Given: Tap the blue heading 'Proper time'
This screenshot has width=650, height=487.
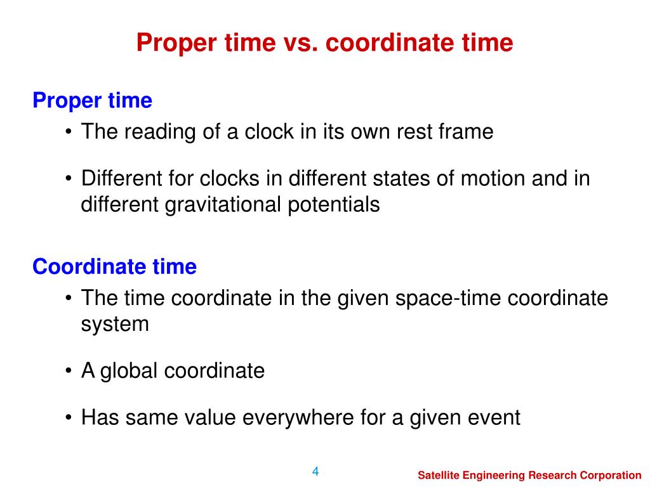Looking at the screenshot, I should tap(92, 100).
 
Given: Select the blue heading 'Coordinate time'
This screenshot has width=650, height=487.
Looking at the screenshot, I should tap(114, 267).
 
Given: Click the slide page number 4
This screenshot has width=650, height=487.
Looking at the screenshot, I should tap(315, 471).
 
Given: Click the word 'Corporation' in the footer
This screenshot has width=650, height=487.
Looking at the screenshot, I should tap(611, 475).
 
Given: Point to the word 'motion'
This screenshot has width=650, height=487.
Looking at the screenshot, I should tap(494, 179).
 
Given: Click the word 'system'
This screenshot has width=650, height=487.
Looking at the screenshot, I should tap(115, 325).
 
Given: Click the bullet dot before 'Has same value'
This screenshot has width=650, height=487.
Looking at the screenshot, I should tap(68, 418).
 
